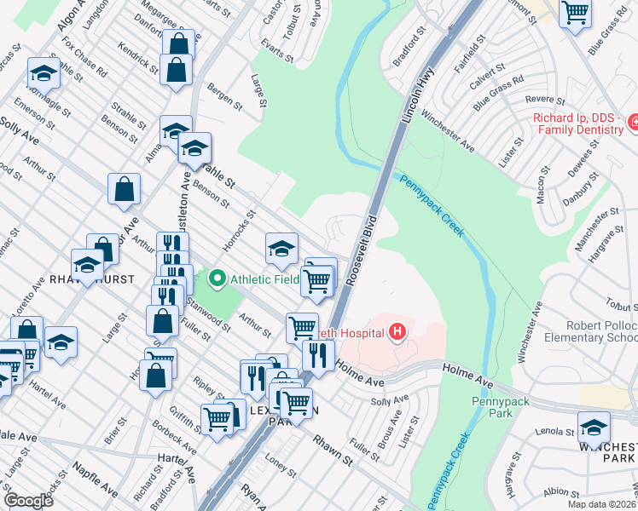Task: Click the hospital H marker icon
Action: [x=397, y=332]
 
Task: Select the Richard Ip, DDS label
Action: [x=578, y=123]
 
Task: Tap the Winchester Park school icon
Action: [x=594, y=428]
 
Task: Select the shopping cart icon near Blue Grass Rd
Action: [x=576, y=13]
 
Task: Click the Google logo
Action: [x=28, y=500]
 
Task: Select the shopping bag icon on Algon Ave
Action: [x=178, y=45]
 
